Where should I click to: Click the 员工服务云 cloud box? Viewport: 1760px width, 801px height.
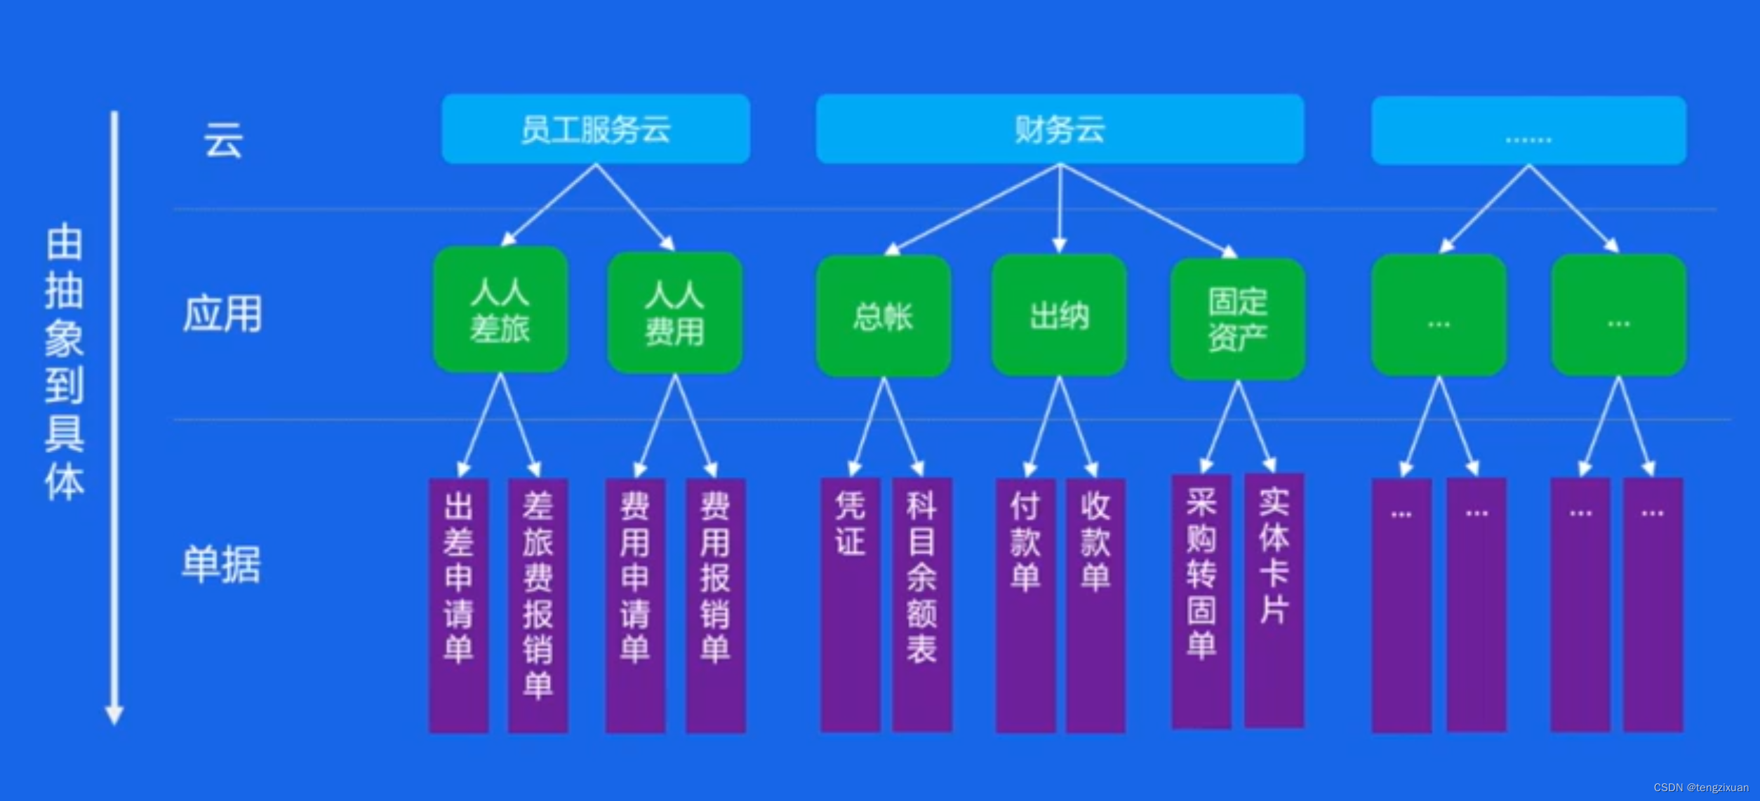(x=596, y=129)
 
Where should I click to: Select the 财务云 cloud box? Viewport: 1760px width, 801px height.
(x=1060, y=129)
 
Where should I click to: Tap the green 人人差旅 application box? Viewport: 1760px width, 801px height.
(x=500, y=309)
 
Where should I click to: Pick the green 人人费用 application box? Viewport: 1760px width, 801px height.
(x=674, y=313)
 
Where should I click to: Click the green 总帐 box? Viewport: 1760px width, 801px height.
(x=884, y=316)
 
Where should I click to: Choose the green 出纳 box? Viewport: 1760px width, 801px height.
(x=1059, y=316)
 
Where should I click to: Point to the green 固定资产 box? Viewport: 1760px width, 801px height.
(x=1238, y=319)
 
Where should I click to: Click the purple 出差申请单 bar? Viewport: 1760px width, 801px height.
(x=459, y=605)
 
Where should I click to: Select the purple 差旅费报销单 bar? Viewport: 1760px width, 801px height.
(x=538, y=605)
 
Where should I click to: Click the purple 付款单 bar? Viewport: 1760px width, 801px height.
(x=1025, y=605)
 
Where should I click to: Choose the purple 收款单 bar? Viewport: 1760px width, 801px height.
(x=1095, y=605)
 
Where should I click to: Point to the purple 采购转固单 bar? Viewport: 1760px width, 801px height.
(x=1201, y=601)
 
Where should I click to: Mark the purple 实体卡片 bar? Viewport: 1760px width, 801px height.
(x=1274, y=600)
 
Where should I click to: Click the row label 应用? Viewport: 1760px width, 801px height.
(x=222, y=314)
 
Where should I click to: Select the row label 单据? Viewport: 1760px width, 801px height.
(x=221, y=564)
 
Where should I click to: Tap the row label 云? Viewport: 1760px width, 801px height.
(x=224, y=140)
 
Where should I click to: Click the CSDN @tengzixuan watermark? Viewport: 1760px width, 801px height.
(x=1700, y=788)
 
